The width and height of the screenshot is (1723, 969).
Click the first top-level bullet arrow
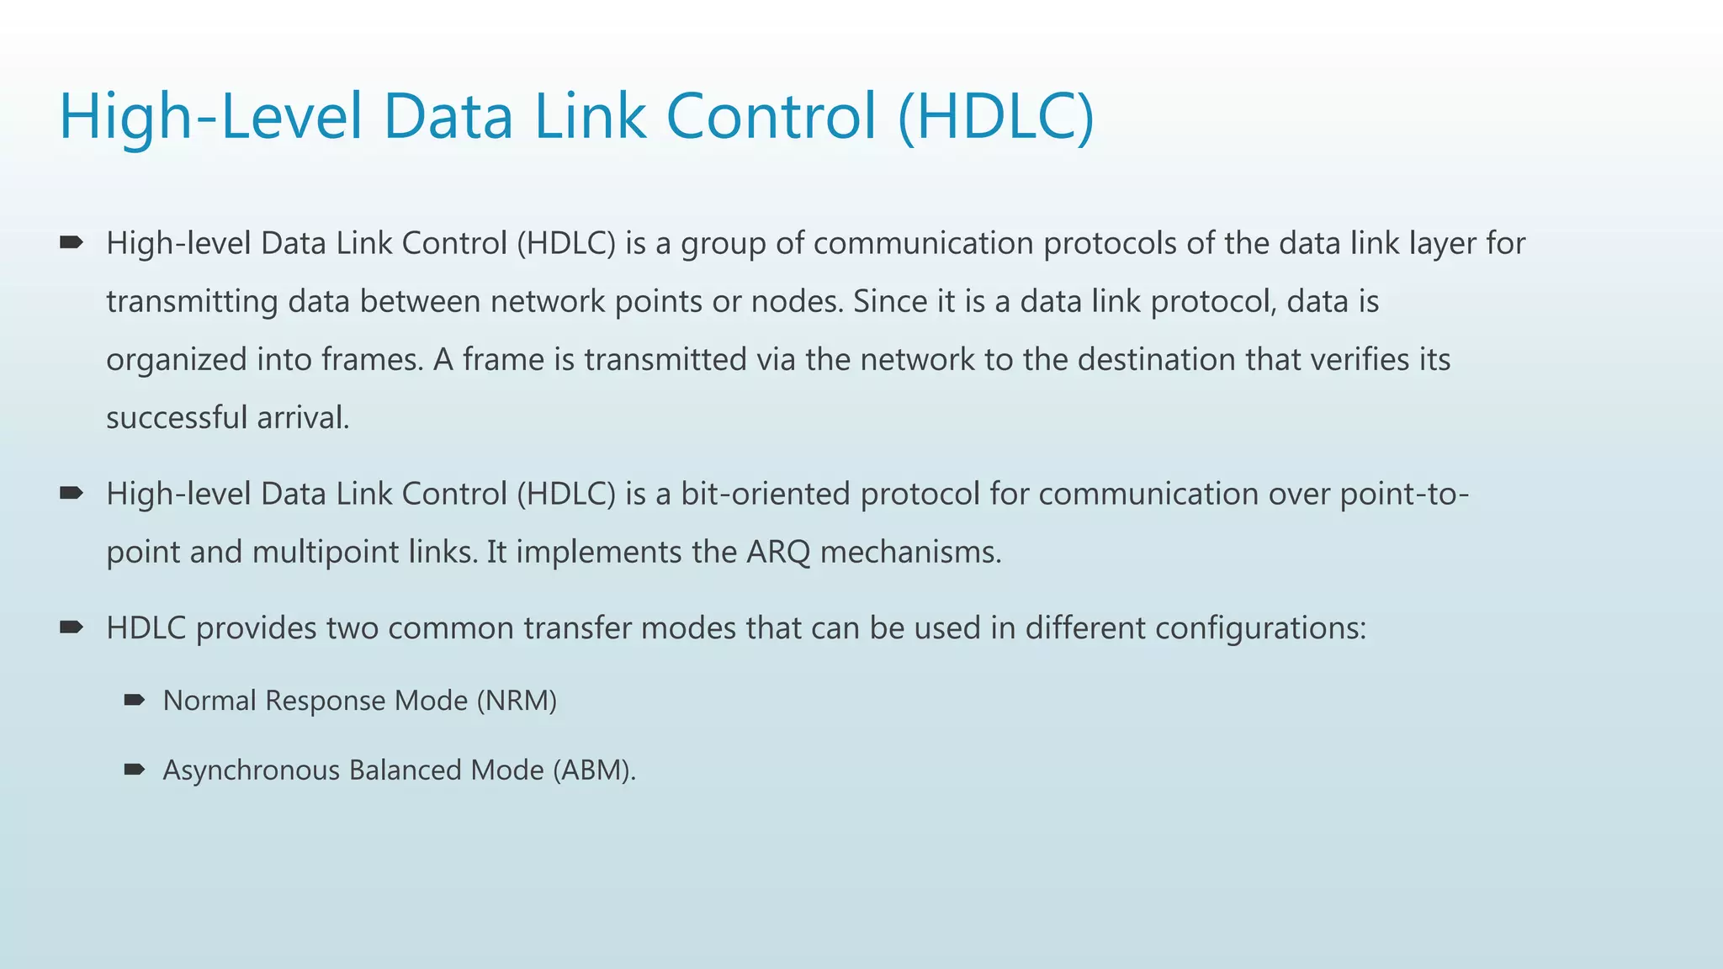coord(72,243)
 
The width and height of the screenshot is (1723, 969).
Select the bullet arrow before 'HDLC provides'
coord(72,627)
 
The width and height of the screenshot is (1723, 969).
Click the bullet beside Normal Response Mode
coord(135,700)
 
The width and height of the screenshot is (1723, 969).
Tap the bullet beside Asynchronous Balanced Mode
coord(135,770)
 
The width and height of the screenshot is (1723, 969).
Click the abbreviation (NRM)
coord(517,701)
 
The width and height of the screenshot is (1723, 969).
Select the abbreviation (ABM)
coord(594,770)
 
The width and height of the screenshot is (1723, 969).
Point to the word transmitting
coord(192,302)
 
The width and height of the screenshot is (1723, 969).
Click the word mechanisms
coord(910,553)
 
